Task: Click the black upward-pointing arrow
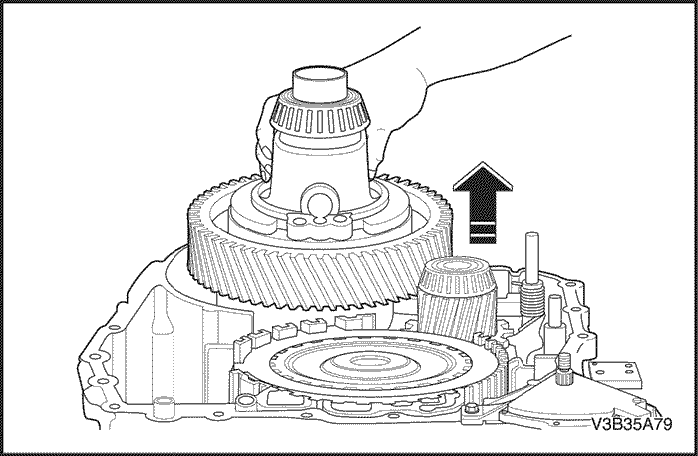tap(483, 204)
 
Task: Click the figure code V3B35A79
tap(631, 424)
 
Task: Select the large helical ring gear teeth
tap(320, 249)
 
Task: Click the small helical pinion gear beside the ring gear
tap(457, 297)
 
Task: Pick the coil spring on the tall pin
tap(532, 298)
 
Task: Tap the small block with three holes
tap(318, 224)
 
